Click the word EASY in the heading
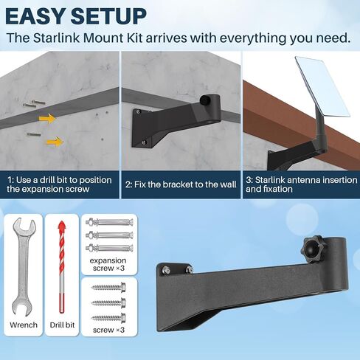tap(35, 16)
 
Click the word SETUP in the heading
tap(108, 16)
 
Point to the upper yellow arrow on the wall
tap(47, 119)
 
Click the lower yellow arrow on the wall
tap(55, 142)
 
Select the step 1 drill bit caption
tap(59, 184)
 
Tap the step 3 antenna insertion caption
tap(301, 184)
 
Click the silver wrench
tap(24, 267)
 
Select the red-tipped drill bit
tap(61, 267)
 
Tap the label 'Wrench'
tap(24, 325)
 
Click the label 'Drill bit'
tap(62, 325)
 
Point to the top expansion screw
tap(109, 223)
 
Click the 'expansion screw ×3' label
tap(108, 264)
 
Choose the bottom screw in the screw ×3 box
tap(108, 318)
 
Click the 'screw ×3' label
tap(108, 330)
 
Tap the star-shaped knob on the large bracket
tap(313, 249)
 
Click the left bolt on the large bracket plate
tap(166, 270)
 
